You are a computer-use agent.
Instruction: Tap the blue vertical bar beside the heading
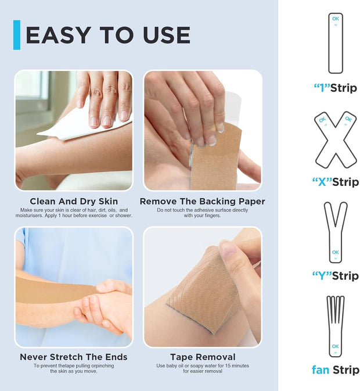[x=17, y=35]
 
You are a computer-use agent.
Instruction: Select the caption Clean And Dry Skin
[x=74, y=201]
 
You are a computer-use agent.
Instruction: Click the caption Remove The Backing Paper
[x=202, y=201]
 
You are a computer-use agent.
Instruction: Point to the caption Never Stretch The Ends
[x=74, y=357]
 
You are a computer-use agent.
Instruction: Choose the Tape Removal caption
[x=203, y=357]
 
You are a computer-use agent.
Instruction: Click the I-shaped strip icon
[x=336, y=43]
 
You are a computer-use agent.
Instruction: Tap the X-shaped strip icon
[x=335, y=139]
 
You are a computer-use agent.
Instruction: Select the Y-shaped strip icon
[x=335, y=232]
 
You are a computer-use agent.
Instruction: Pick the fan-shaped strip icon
[x=335, y=326]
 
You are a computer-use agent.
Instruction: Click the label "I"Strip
[x=335, y=88]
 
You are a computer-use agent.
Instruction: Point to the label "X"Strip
[x=335, y=182]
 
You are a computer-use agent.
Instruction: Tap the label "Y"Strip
[x=335, y=275]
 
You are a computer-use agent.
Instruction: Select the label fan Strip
[x=335, y=370]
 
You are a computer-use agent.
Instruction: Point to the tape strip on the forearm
[x=52, y=290]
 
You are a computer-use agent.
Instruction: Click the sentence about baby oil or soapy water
[x=203, y=368]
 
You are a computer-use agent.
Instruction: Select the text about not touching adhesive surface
[x=202, y=212]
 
